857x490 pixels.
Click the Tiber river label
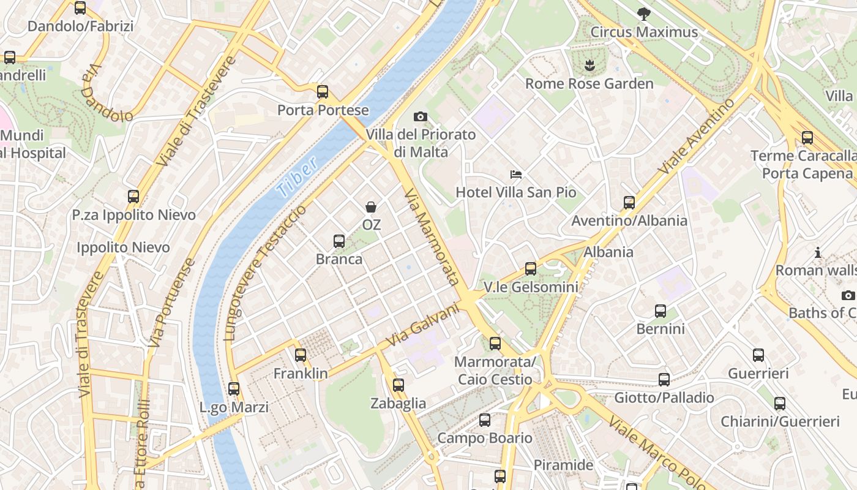click(x=297, y=177)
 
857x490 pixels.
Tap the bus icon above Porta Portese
click(x=323, y=92)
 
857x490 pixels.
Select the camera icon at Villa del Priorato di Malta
click(x=421, y=116)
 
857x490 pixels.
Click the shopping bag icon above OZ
click(x=371, y=206)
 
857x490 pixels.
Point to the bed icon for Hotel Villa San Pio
click(x=516, y=175)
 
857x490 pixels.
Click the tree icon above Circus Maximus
click(x=643, y=13)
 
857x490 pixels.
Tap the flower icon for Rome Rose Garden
click(x=589, y=65)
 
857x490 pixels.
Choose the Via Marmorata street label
click(x=432, y=237)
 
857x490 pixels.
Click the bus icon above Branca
click(x=339, y=241)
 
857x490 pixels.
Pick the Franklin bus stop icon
click(x=301, y=355)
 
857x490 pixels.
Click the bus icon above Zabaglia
click(x=399, y=385)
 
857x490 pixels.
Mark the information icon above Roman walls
click(x=817, y=252)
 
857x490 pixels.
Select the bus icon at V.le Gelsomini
click(x=531, y=268)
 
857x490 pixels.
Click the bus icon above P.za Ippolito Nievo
click(x=133, y=197)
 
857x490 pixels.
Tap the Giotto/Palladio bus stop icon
click(x=664, y=379)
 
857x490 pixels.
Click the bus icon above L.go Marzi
click(x=234, y=388)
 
